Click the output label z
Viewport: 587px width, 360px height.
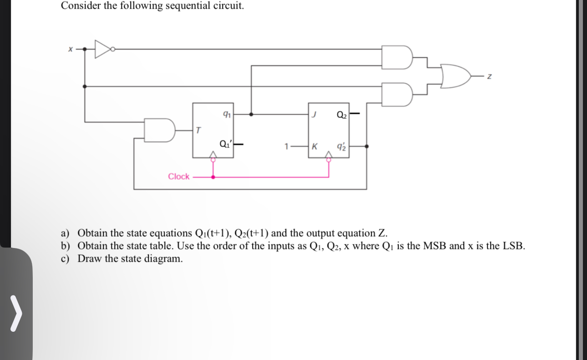point(489,77)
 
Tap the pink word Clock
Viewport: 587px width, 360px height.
point(178,177)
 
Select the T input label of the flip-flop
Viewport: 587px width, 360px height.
point(198,131)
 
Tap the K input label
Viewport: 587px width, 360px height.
point(314,147)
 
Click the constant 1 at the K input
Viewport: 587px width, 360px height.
point(286,147)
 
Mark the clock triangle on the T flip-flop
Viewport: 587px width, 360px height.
point(212,156)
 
